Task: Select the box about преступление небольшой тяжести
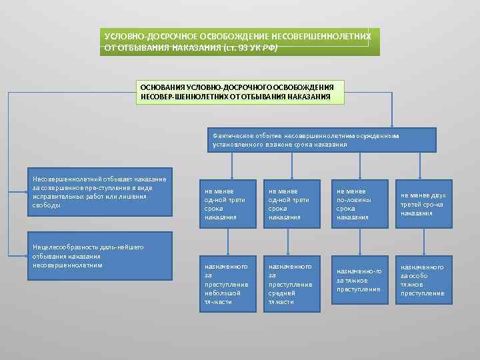tap(228, 283)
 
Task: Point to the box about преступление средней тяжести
tap(293, 283)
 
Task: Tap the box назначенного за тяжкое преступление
tap(359, 281)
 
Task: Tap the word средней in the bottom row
tap(281, 293)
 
